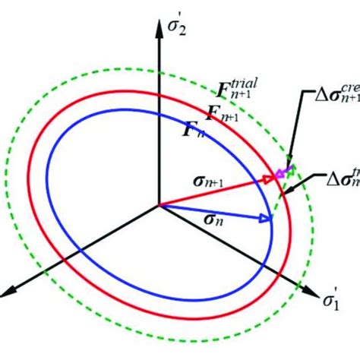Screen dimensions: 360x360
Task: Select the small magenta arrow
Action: tap(284, 173)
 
